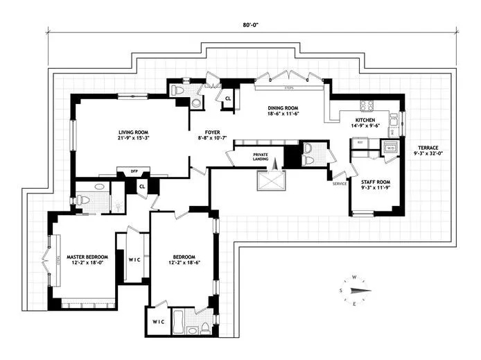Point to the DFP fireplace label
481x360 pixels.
coord(125,170)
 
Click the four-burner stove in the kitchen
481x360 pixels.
coord(366,106)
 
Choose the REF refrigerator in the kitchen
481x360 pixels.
coord(359,142)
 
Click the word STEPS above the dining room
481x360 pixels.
coord(282,88)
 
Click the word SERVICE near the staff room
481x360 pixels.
coord(339,184)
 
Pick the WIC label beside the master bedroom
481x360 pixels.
coord(133,261)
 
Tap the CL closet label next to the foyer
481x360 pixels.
coord(227,98)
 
